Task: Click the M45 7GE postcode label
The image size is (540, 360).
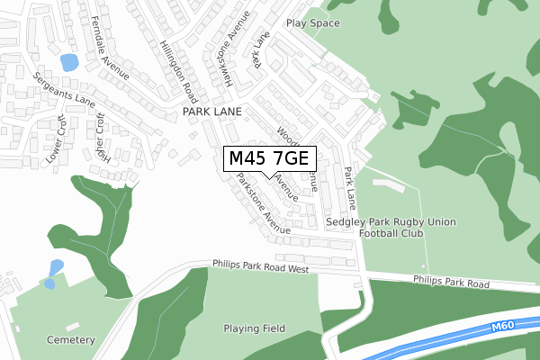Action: [269, 158]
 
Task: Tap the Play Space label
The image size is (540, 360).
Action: [313, 22]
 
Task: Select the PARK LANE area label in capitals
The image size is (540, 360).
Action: [212, 112]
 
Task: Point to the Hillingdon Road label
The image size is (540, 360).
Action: [178, 70]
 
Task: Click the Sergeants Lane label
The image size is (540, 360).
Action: [61, 88]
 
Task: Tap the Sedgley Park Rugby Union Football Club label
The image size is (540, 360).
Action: [391, 227]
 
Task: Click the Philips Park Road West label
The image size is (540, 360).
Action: [261, 266]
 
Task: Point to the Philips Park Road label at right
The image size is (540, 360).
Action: [451, 283]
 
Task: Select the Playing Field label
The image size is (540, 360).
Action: [255, 328]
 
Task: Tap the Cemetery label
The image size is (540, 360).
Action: [72, 340]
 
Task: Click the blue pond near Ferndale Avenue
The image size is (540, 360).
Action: [68, 63]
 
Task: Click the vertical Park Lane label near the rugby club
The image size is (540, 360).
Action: [350, 186]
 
